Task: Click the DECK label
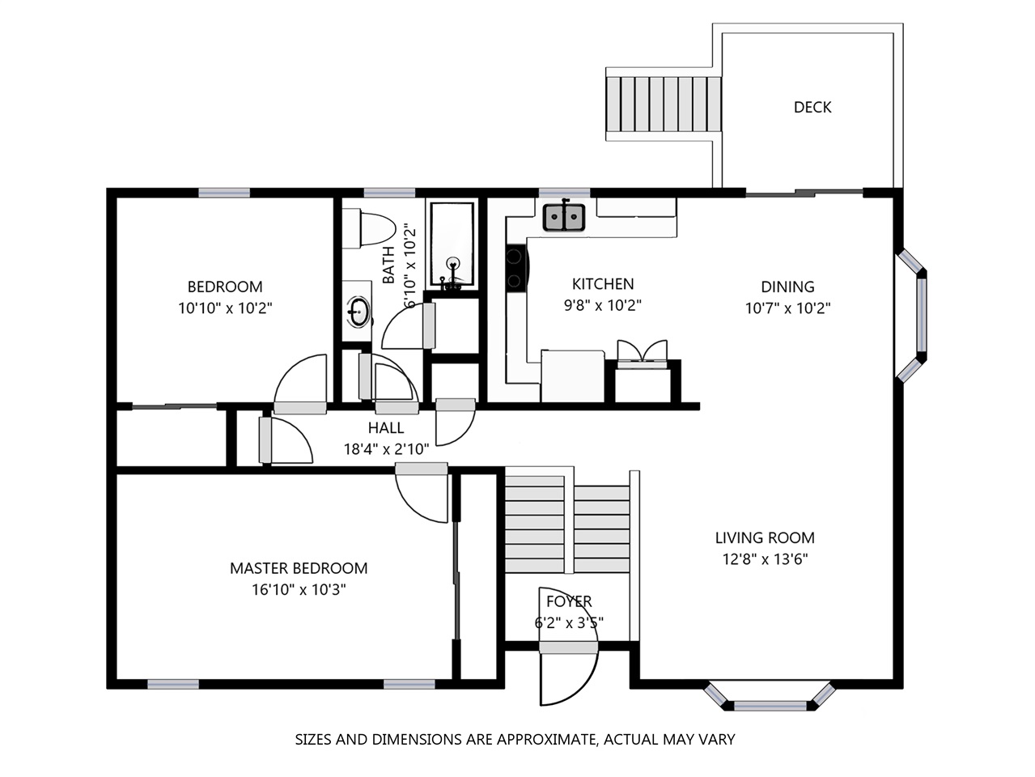[812, 108]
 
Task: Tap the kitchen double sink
[563, 218]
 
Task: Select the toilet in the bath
[368, 229]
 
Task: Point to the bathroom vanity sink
[358, 312]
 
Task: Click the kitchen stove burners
[515, 269]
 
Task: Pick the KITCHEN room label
[603, 284]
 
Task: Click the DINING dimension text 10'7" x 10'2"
[787, 308]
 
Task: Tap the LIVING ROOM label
[765, 537]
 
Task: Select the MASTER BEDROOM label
[299, 568]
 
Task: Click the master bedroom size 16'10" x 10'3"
[299, 590]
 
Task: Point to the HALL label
[386, 427]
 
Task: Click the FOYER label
[569, 601]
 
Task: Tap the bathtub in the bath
[452, 244]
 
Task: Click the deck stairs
[664, 104]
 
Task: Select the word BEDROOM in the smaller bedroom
[225, 287]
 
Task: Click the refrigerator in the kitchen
[572, 376]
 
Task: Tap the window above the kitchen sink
[564, 193]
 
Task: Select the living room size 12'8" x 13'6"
[765, 559]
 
